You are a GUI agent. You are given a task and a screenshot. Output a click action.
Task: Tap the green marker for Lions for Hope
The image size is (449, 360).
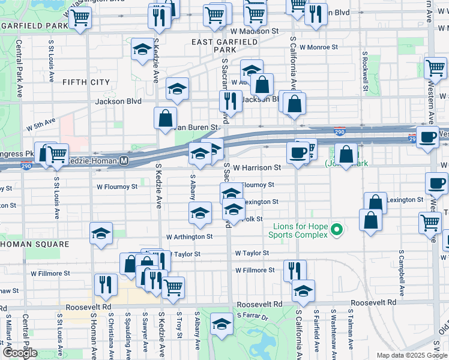coord(337,229)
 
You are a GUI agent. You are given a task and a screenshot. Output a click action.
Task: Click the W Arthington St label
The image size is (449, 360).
coord(190,237)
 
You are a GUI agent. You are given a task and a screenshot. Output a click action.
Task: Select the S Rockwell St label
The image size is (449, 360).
coord(364,67)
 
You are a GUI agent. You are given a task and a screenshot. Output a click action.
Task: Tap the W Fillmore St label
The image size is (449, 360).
coord(255,271)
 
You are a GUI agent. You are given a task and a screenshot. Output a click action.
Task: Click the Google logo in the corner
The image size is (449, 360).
coord(20,353)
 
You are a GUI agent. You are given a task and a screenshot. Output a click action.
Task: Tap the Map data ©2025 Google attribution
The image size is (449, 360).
coord(412,355)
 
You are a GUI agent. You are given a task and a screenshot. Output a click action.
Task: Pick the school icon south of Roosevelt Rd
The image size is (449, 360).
coord(221,325)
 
